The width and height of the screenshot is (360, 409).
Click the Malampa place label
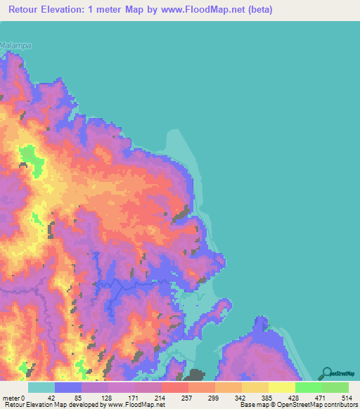(17, 45)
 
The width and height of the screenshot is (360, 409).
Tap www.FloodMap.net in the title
(208, 9)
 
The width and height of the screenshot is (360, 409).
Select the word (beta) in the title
(259, 9)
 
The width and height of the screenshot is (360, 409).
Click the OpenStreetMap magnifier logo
(327, 374)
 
